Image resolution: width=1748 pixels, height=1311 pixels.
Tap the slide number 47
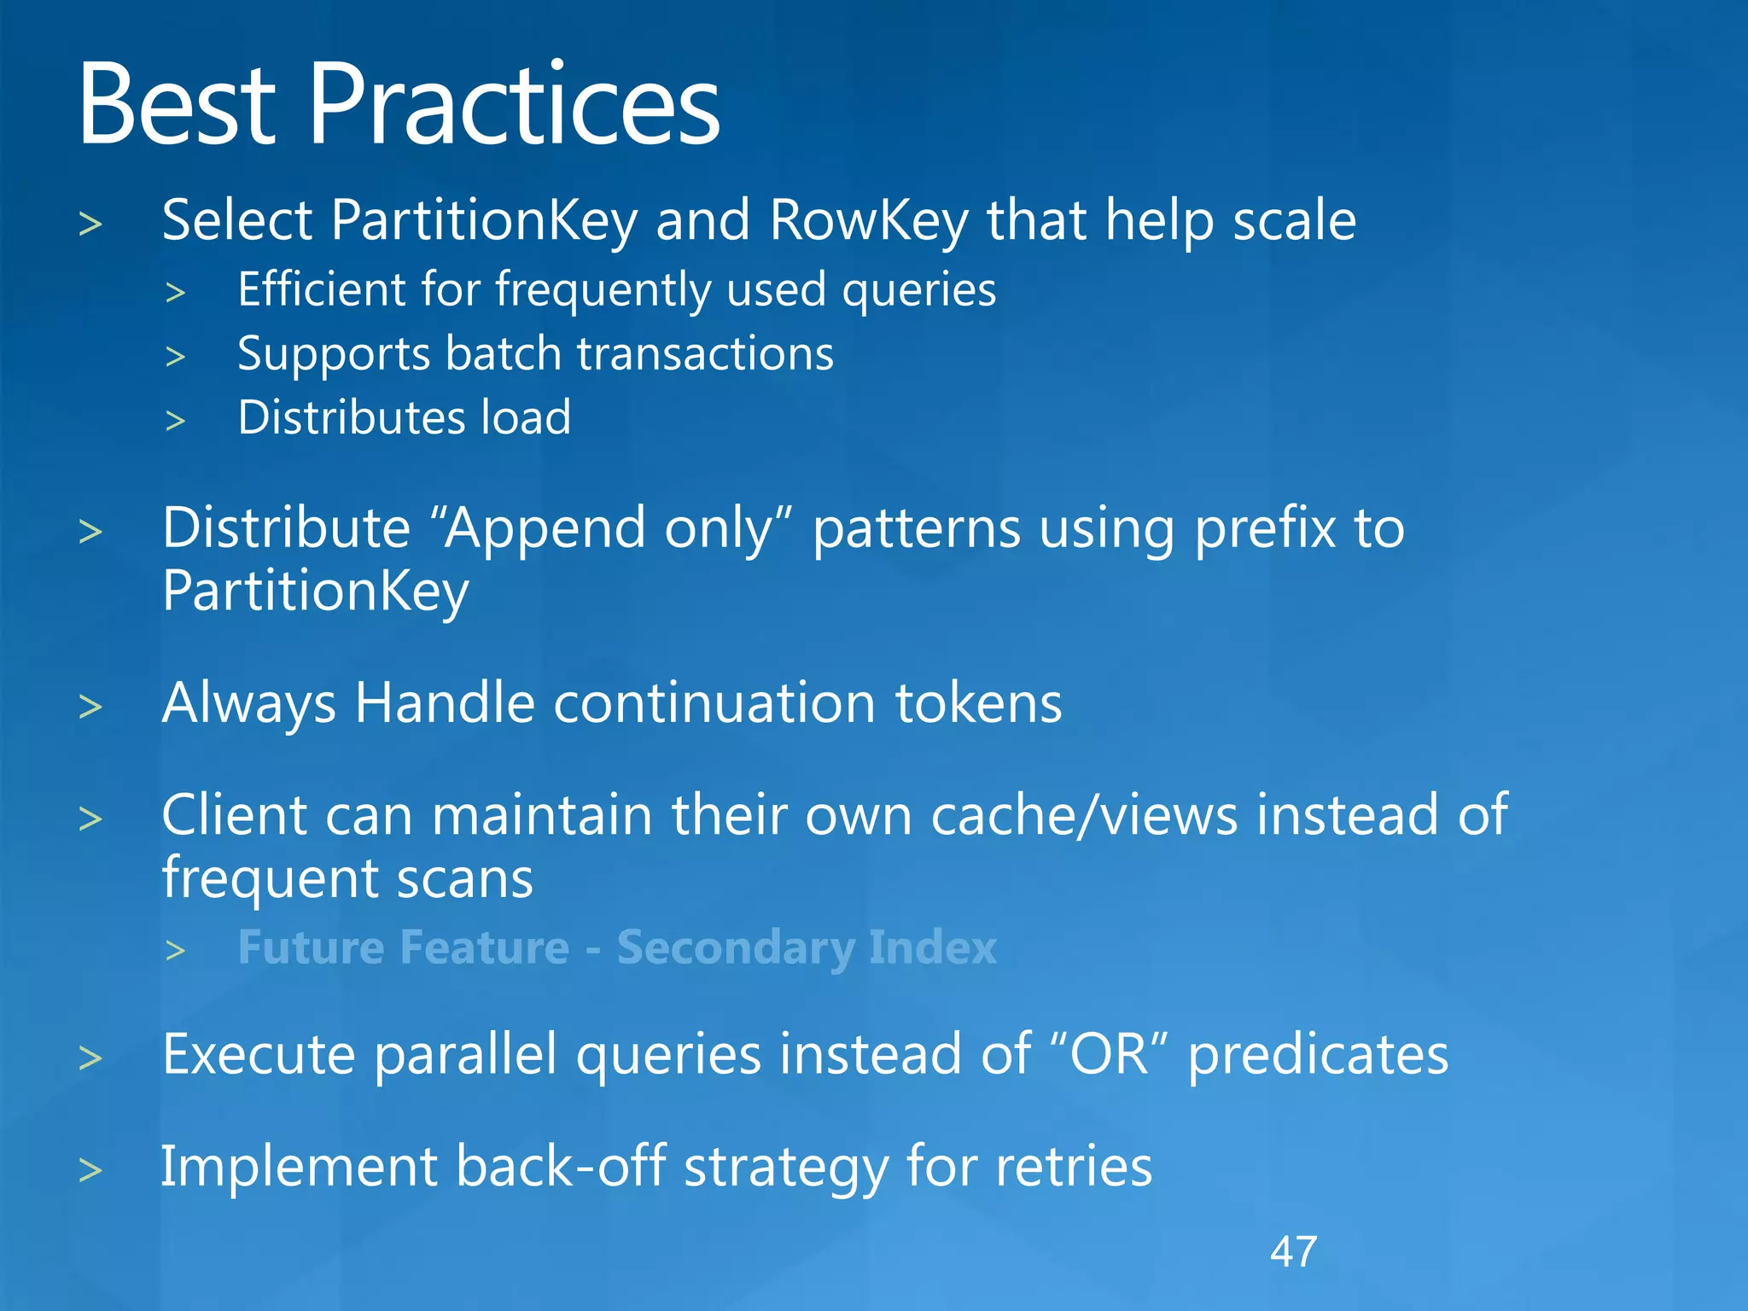pyautogui.click(x=1293, y=1252)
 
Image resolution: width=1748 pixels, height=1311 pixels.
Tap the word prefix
pyautogui.click(x=1264, y=529)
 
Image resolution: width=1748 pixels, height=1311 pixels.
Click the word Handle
pyautogui.click(x=445, y=703)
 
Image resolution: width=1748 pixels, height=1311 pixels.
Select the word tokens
pyautogui.click(x=978, y=703)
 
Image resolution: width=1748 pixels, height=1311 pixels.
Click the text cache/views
pyautogui.click(x=1083, y=815)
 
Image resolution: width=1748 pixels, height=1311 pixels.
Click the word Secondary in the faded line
pyautogui.click(x=734, y=948)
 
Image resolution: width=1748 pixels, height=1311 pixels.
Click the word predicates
pyautogui.click(x=1318, y=1056)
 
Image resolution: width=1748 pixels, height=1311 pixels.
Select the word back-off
pyautogui.click(x=560, y=1167)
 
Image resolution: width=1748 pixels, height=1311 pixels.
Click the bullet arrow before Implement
pyautogui.click(x=90, y=1169)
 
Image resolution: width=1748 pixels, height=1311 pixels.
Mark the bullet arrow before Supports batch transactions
pyautogui.click(x=176, y=356)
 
